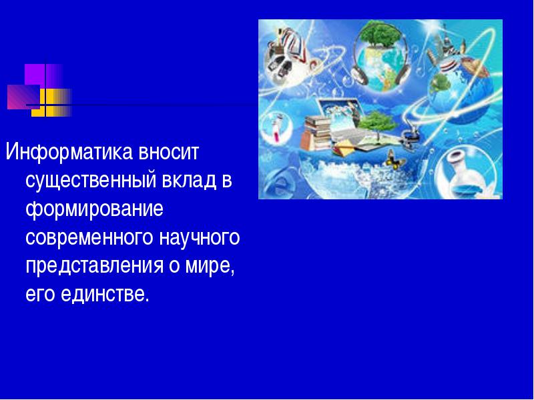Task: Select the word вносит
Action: click(x=168, y=153)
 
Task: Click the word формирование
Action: click(x=94, y=209)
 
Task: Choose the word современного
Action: click(x=89, y=237)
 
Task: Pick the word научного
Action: click(x=199, y=238)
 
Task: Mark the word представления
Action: click(x=95, y=266)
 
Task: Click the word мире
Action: click(x=210, y=266)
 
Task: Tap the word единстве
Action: click(x=105, y=294)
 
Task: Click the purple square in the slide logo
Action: click(x=35, y=74)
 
